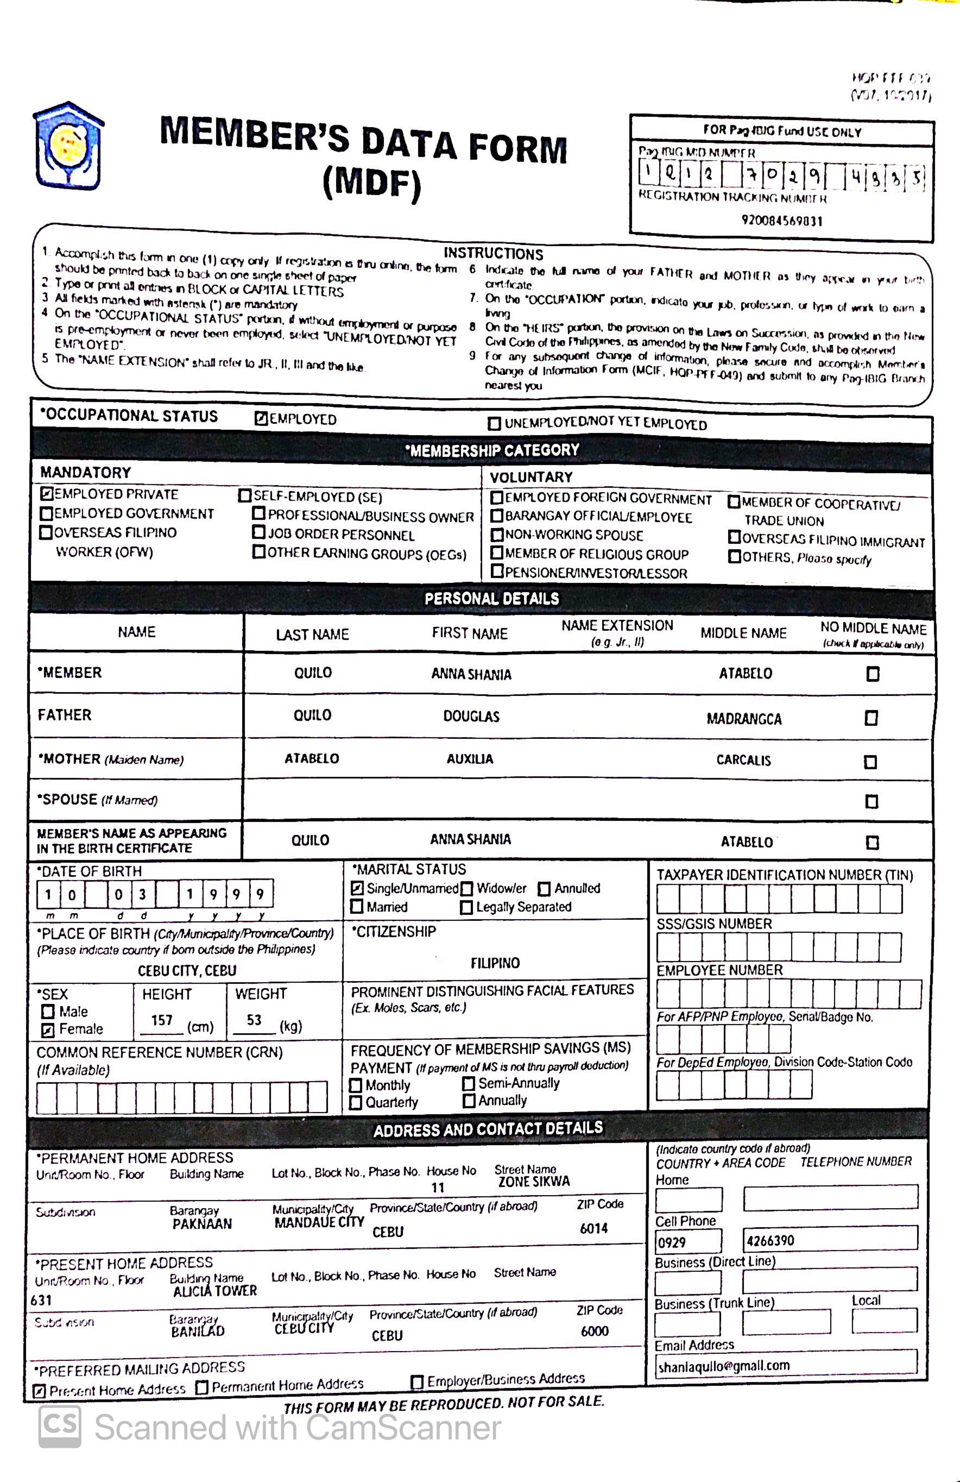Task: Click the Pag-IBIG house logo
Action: coord(68,146)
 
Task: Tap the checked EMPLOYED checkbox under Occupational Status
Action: coord(261,418)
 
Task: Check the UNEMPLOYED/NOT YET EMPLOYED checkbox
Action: coord(494,423)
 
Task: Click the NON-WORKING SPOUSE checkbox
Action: coord(497,534)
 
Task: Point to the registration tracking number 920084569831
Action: coord(781,221)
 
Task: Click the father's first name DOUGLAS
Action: coord(471,716)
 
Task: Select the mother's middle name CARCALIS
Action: coord(743,759)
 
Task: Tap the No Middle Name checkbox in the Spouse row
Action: coord(871,801)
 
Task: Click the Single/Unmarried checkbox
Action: coord(357,889)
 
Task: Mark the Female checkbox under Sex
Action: coord(48,1031)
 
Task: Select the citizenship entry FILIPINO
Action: coord(495,963)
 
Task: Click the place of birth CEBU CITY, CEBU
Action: coord(187,970)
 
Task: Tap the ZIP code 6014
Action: coord(593,1228)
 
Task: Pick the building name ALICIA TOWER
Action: coord(215,1291)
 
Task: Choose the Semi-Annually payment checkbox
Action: coord(469,1083)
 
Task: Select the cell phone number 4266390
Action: coord(770,1240)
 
